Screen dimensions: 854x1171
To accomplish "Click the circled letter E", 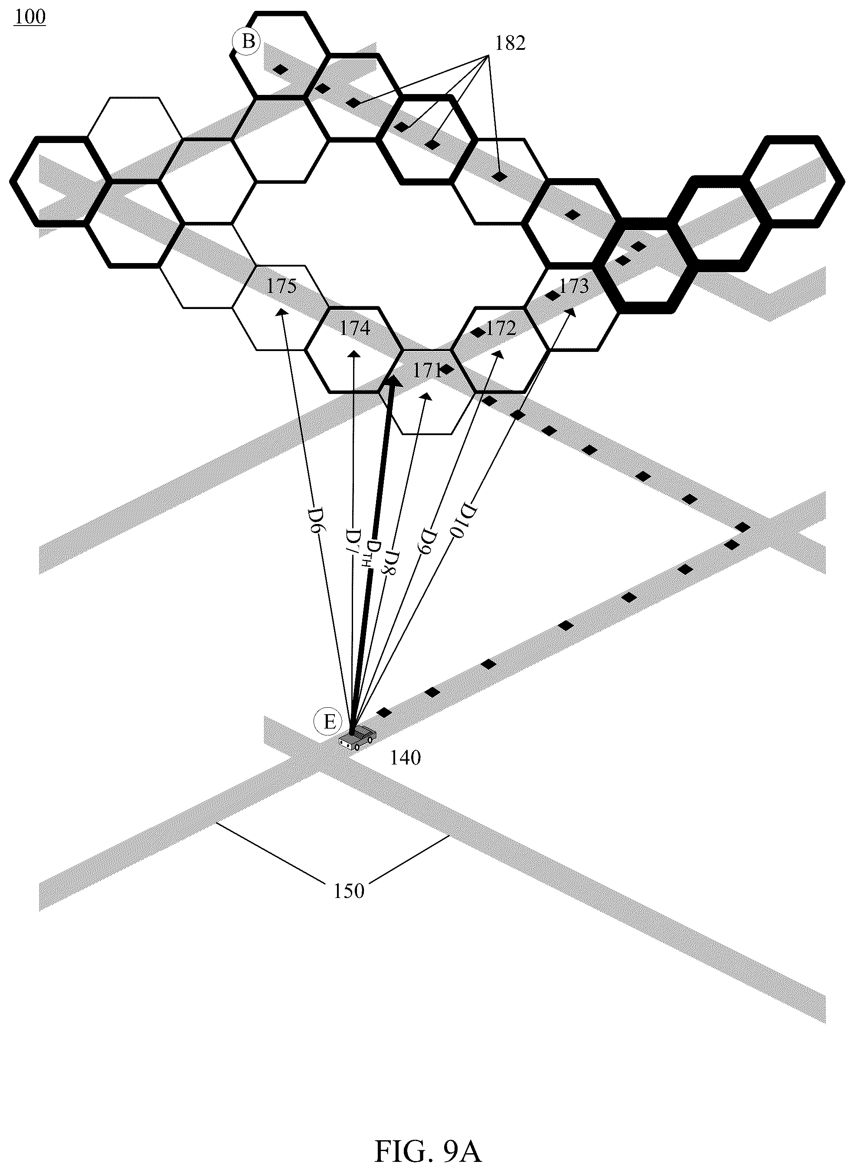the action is pyautogui.click(x=329, y=722).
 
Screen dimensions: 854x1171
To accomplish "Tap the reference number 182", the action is pyautogui.click(x=510, y=43).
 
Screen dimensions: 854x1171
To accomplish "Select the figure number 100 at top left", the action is pyautogui.click(x=30, y=17).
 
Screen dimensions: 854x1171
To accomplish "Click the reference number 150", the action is pyautogui.click(x=349, y=891).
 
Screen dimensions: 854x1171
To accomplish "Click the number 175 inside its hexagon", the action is pyautogui.click(x=282, y=286).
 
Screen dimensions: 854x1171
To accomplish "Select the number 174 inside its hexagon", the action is pyautogui.click(x=355, y=329).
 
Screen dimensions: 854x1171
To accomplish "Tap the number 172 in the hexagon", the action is pyautogui.click(x=501, y=329).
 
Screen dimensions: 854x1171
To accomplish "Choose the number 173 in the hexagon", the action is pyautogui.click(x=574, y=286).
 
